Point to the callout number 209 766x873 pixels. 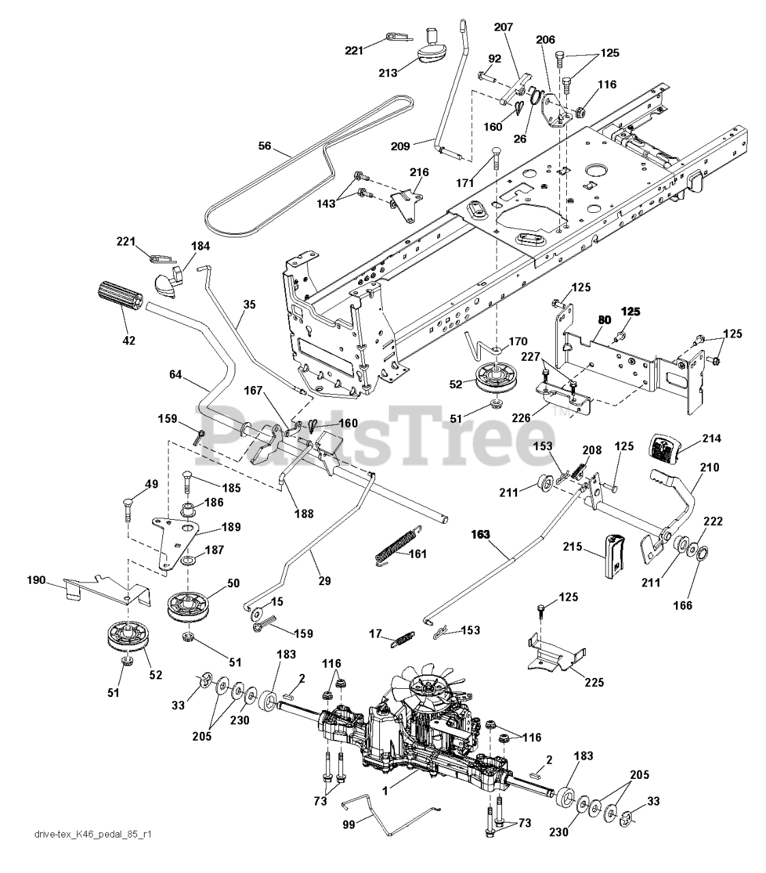click(x=421, y=145)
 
